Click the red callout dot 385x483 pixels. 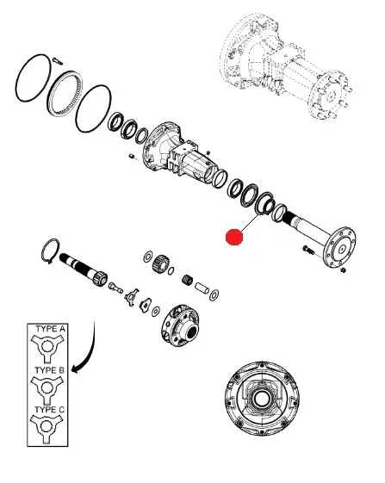click(234, 237)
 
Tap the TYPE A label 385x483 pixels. click(50, 329)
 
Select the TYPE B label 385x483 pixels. click(49, 370)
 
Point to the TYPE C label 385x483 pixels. click(49, 410)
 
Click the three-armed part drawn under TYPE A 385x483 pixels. click(47, 348)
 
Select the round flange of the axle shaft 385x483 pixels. click(339, 247)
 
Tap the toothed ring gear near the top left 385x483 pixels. click(65, 93)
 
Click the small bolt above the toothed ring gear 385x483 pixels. click(58, 61)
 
